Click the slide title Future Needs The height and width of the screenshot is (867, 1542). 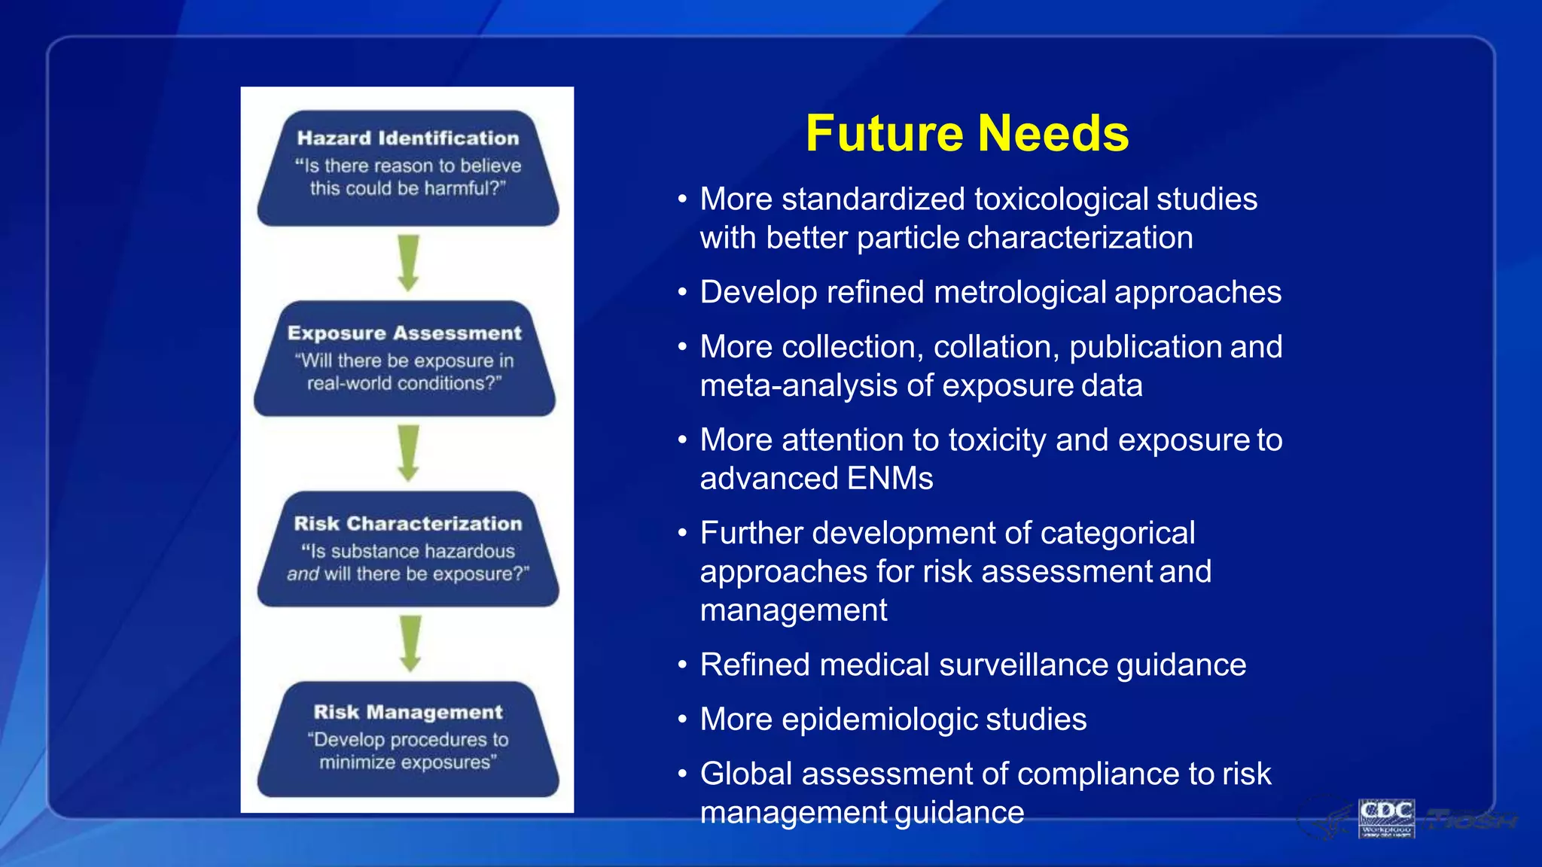[967, 133]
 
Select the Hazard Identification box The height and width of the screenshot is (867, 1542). [407, 168]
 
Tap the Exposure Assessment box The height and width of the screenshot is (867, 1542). [404, 358]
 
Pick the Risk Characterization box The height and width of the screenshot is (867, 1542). [407, 549]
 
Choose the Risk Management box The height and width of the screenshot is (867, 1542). [407, 739]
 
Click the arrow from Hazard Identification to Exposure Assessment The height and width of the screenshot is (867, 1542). [408, 263]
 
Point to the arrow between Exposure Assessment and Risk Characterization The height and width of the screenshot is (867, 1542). [408, 453]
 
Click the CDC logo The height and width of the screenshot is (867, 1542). [1386, 817]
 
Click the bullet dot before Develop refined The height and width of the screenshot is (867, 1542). [682, 292]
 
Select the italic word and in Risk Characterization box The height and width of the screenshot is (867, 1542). [303, 574]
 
